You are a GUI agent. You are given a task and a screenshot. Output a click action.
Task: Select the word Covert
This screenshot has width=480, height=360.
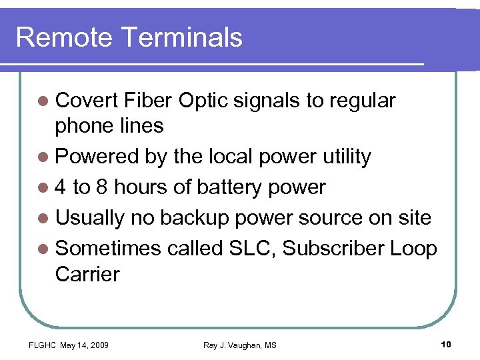click(x=85, y=101)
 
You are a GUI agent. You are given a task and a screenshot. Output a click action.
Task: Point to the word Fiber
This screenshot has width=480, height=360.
click(x=147, y=101)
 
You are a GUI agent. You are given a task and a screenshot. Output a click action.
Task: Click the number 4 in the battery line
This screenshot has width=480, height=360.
click(x=61, y=187)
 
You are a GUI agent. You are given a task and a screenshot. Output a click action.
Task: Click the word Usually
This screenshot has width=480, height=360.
click(x=90, y=218)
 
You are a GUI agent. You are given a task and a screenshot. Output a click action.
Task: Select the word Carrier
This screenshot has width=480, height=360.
click(x=87, y=274)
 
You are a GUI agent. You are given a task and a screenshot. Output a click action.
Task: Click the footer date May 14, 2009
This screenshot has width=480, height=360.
click(x=85, y=345)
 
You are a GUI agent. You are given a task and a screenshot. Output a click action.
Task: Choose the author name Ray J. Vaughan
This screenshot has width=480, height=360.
click(x=232, y=345)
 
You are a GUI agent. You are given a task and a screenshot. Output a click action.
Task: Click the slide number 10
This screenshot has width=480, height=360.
click(x=446, y=344)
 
